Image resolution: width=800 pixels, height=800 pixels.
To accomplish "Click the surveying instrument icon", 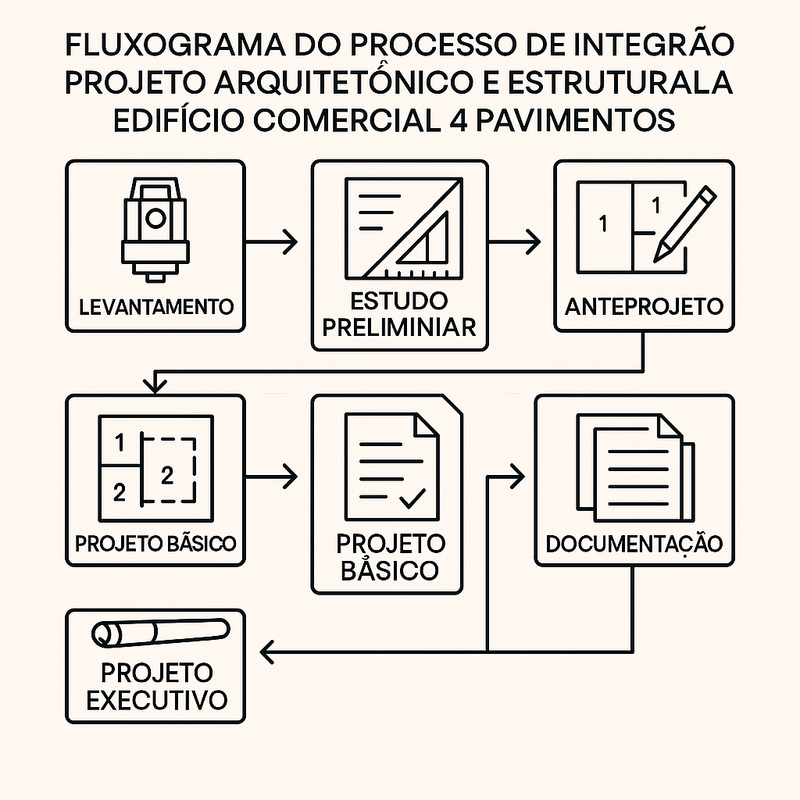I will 155,230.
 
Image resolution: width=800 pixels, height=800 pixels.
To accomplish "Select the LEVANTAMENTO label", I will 155,306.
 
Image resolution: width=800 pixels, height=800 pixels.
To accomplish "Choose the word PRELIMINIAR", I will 399,327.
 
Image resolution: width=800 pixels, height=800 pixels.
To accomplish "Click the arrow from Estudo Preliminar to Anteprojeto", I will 516,242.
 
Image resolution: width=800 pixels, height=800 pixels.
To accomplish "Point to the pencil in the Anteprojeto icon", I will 684,223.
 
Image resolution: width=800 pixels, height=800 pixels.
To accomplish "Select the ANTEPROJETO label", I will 644,306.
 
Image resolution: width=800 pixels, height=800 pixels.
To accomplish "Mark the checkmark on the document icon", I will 412,497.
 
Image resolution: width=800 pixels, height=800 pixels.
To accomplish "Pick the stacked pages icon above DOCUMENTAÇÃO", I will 635,468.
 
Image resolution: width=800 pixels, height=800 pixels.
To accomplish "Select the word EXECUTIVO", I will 156,699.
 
